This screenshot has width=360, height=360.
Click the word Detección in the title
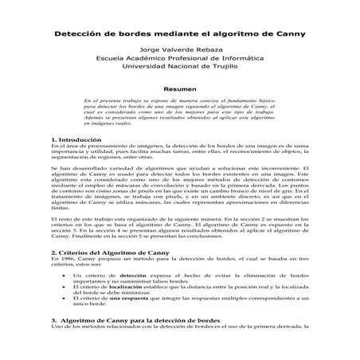point(80,34)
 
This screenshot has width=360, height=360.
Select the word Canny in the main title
point(288,34)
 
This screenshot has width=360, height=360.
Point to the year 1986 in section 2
point(64,259)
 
